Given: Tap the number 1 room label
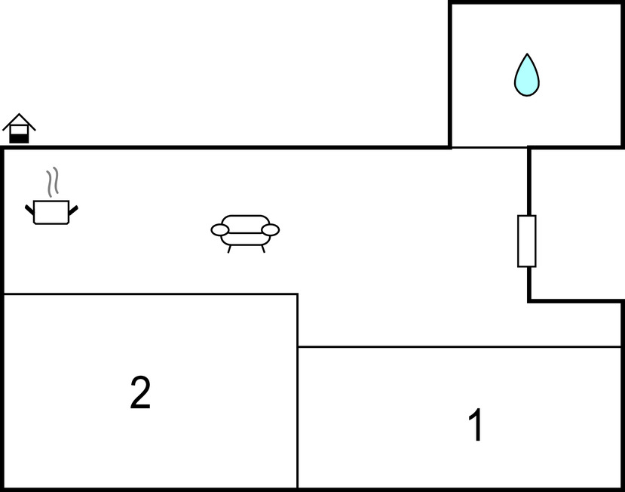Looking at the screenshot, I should point(476,425).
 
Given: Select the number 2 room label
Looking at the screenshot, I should point(140,393).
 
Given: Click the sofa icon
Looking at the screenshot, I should point(245,230).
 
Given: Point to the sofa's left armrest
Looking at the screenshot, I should point(220,229).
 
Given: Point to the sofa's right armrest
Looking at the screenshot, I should point(270,229).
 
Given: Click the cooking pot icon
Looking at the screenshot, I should point(51,211).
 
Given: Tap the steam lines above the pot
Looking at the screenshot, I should point(51,182).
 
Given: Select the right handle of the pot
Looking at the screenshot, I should point(73,209).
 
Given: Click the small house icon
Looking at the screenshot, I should point(19,129).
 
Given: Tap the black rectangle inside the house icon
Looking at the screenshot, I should point(19,138).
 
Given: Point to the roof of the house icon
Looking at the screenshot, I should point(19,119).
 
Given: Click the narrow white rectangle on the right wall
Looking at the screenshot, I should point(527,241).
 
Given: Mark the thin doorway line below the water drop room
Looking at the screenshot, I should point(489,147).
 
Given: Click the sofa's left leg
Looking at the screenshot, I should point(229,248).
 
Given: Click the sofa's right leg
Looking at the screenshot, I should point(262,248).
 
